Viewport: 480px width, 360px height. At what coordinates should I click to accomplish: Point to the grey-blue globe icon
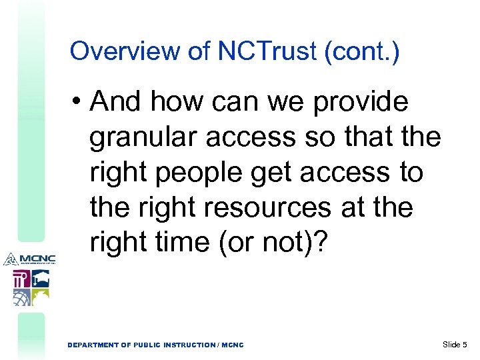pyautogui.click(x=21, y=297)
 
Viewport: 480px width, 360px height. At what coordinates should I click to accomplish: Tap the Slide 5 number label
pyautogui.click(x=455, y=344)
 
